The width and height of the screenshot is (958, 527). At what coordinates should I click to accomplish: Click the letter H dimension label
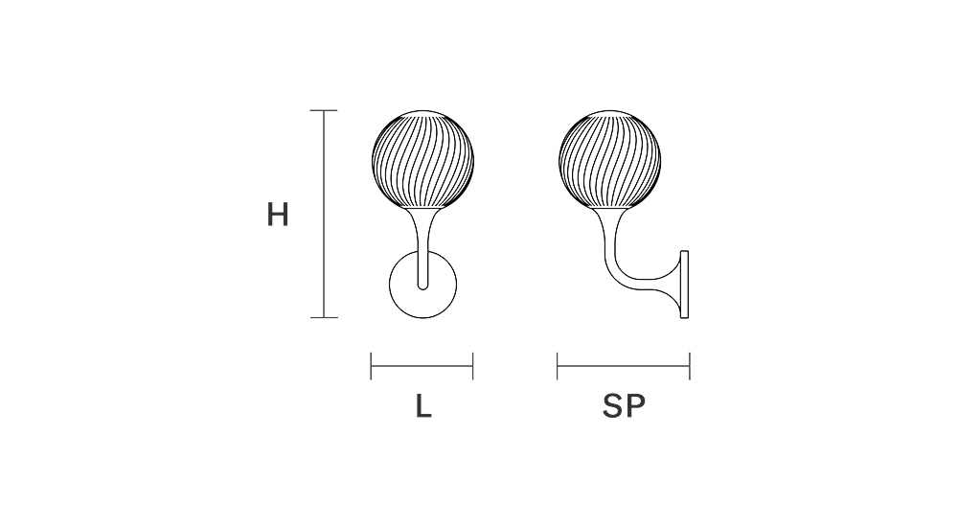[x=278, y=215]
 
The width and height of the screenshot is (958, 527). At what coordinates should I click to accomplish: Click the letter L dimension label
[x=423, y=406]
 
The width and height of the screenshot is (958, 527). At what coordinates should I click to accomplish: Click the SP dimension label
[x=624, y=406]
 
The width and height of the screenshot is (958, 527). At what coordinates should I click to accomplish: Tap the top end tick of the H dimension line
[x=324, y=111]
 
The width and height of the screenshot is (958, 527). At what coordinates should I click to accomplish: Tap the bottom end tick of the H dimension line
[x=324, y=317]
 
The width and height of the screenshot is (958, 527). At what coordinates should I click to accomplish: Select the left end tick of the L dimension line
[x=372, y=365]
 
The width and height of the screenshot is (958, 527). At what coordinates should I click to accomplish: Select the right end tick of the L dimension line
[x=473, y=365]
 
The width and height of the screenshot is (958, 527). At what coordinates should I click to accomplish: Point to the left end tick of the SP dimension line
[x=558, y=365]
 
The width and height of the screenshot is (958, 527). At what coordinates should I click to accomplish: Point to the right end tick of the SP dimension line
[x=690, y=365]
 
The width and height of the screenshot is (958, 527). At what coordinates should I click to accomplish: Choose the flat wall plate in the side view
[x=684, y=285]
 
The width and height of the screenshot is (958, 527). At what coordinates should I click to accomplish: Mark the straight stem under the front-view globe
[x=422, y=249]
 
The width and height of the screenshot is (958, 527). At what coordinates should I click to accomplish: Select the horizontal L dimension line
[x=422, y=365]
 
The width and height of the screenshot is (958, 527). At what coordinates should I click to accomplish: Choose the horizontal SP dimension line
[x=624, y=365]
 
